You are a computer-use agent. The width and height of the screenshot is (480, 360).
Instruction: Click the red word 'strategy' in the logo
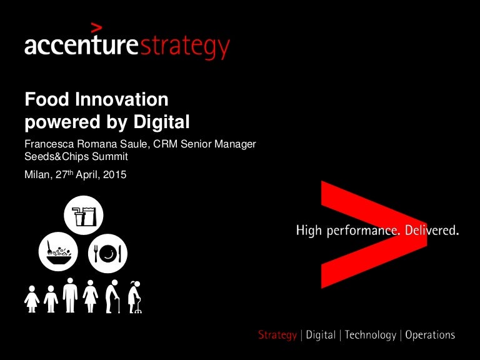point(184,47)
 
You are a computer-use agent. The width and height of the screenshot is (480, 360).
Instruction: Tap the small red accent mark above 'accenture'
point(96,27)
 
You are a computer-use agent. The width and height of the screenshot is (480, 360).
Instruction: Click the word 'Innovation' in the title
point(121,99)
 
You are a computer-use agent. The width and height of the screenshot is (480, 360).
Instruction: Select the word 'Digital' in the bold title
point(161,122)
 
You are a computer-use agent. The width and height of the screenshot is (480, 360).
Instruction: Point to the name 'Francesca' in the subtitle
point(49,144)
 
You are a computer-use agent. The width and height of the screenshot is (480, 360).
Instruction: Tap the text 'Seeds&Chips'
point(57,156)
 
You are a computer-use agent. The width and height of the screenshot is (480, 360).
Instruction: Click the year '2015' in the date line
point(115,175)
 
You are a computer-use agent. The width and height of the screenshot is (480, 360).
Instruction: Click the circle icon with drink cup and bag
point(84,215)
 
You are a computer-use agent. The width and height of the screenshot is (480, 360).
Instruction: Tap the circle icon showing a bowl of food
point(58,252)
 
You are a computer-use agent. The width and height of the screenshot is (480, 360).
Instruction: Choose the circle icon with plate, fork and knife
point(107,254)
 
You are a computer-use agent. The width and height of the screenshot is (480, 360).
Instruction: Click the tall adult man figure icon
point(70,296)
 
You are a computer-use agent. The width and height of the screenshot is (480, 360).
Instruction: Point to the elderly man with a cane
point(112,296)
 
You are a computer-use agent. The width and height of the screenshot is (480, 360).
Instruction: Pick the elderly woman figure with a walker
point(135,297)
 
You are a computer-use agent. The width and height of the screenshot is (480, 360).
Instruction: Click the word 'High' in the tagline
point(309,231)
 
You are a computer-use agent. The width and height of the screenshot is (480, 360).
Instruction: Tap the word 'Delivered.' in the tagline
point(432,230)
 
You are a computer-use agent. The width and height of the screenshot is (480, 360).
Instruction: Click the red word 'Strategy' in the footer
point(277,335)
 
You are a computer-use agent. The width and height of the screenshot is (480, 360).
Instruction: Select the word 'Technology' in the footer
point(371,335)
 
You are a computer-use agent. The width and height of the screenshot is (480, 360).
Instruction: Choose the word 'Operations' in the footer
point(430,335)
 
